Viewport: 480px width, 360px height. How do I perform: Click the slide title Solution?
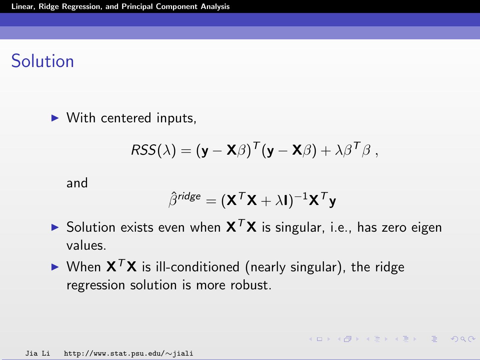tap(43, 61)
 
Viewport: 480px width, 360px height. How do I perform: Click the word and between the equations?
tap(77, 183)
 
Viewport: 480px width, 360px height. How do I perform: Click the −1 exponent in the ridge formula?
tap(301, 196)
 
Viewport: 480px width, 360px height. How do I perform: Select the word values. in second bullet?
tap(86, 246)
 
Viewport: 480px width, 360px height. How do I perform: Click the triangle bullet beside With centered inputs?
tap(55, 118)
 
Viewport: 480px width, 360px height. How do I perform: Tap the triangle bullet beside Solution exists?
tap(55, 227)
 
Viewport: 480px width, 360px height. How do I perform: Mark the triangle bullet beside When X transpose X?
tap(55, 267)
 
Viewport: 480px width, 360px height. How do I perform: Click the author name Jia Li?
tap(38, 353)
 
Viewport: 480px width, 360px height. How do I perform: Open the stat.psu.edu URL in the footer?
tap(128, 353)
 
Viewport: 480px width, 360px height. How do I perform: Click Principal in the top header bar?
tap(137, 7)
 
